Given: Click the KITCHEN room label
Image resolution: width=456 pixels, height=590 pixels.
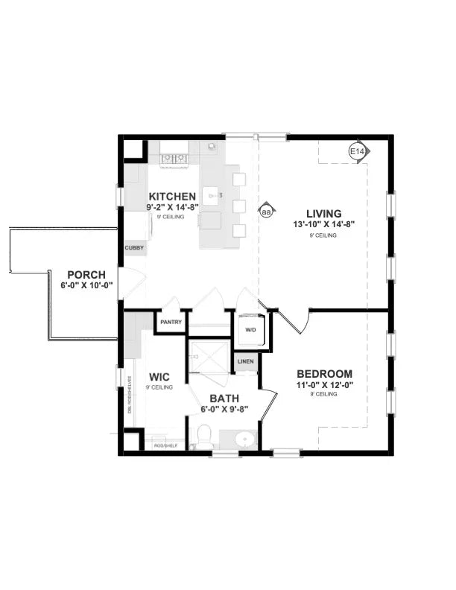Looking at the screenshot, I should click(x=171, y=197).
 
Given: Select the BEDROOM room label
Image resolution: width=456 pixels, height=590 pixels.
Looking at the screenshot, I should click(x=325, y=374).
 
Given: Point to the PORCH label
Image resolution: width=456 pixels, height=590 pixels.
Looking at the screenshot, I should click(x=86, y=274).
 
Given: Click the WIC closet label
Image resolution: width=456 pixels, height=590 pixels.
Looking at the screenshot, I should click(x=159, y=377).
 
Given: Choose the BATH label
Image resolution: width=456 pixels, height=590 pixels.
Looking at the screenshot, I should click(x=224, y=399).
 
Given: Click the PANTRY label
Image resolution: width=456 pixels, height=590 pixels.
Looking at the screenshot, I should click(x=171, y=322).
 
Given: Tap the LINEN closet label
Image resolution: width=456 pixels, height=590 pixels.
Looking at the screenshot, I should click(x=246, y=361).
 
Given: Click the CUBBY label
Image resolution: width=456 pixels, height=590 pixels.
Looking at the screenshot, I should click(x=135, y=248).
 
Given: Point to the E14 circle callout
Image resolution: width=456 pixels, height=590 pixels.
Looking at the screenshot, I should click(x=357, y=152).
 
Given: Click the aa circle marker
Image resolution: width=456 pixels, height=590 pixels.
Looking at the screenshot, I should click(x=266, y=212).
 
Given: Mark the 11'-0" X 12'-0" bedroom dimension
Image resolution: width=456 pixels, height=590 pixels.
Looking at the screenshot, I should click(x=325, y=385).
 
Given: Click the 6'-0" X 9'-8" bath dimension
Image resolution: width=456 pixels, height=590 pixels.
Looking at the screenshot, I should click(x=224, y=409).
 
